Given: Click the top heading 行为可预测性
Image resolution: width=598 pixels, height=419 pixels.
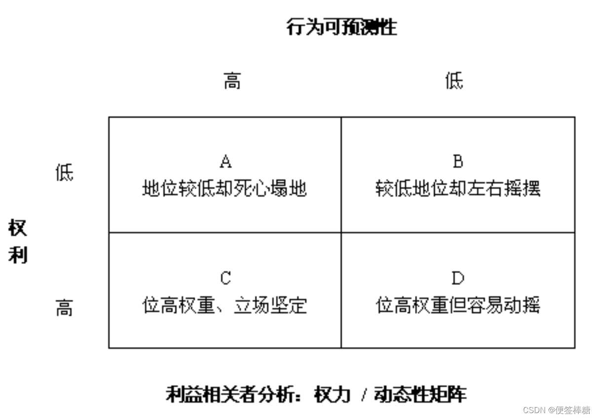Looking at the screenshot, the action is pyautogui.click(x=341, y=27).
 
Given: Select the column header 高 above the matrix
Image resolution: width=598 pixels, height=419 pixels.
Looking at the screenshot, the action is pyautogui.click(x=232, y=81).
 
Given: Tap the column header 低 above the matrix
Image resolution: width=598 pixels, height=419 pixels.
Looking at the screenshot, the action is pyautogui.click(x=454, y=81).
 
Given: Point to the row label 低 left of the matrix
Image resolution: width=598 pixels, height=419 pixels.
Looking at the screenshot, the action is pyautogui.click(x=64, y=173).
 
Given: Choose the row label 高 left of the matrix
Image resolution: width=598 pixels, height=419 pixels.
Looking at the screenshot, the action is pyautogui.click(x=64, y=309).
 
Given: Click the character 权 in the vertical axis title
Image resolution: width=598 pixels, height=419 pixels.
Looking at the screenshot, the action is pyautogui.click(x=18, y=228).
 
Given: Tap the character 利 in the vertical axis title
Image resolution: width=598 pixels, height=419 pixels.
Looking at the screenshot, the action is pyautogui.click(x=18, y=255).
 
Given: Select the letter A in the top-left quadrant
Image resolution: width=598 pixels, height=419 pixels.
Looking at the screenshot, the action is pyautogui.click(x=225, y=161).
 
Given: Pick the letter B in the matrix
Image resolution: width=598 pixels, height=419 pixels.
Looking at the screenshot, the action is pyautogui.click(x=458, y=161).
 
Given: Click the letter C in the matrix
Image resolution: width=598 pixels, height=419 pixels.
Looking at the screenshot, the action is pyautogui.click(x=225, y=279).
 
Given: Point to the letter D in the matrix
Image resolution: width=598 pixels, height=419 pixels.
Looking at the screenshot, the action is pyautogui.click(x=458, y=279).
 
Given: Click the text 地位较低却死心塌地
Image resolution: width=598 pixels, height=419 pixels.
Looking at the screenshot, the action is pyautogui.click(x=224, y=188).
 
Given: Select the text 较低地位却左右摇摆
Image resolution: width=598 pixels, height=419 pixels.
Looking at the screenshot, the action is pyautogui.click(x=458, y=188).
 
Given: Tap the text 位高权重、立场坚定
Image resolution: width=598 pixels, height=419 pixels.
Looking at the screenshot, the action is pyautogui.click(x=224, y=306).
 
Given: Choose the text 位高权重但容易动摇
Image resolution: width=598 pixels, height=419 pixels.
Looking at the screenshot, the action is pyautogui.click(x=458, y=306).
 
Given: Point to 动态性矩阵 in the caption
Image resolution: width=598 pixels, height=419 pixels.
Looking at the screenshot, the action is pyautogui.click(x=419, y=394).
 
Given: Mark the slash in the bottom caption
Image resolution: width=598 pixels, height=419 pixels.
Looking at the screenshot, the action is pyautogui.click(x=364, y=395).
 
